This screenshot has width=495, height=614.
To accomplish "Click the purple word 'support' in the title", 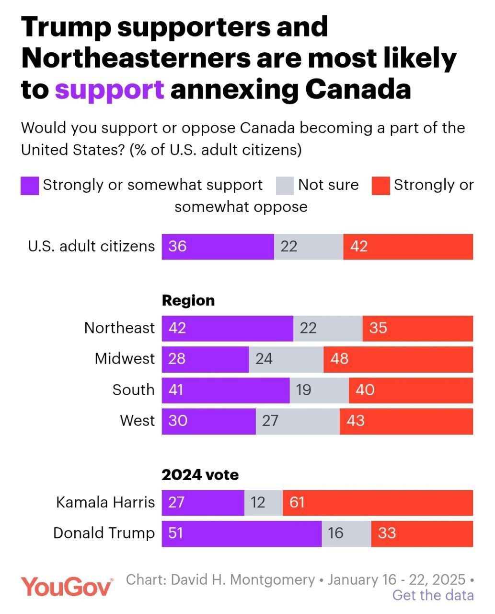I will [110, 90].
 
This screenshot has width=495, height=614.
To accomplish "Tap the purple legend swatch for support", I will [30, 186].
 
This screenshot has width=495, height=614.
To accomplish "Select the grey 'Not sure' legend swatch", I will [285, 186].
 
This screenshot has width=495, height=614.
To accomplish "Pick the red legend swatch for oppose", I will [380, 186].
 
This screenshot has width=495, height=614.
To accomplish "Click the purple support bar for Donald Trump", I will [242, 533].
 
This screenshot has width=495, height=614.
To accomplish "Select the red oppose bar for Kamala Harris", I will [378, 503].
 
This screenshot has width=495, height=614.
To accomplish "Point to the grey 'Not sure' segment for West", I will [298, 421].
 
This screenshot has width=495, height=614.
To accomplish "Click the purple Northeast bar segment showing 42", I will [227, 329].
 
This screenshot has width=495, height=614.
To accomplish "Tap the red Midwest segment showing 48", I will [398, 359].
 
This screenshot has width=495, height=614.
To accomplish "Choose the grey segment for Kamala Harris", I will [264, 503].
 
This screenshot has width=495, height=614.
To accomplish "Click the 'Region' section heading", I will [188, 301].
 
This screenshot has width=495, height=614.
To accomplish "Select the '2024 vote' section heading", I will [200, 475].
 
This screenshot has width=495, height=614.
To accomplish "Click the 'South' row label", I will [133, 390].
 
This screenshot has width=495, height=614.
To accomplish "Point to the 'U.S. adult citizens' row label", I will [91, 247].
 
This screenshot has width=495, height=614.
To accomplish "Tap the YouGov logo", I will [67, 586].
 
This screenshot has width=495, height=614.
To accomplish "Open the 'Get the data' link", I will [433, 596].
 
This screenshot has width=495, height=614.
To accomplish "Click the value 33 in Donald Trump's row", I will [387, 533].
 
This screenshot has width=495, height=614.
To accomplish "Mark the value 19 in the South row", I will [303, 390].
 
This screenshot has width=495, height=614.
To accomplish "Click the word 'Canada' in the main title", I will [357, 90].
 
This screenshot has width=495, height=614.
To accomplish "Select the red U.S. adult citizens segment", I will [408, 247].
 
